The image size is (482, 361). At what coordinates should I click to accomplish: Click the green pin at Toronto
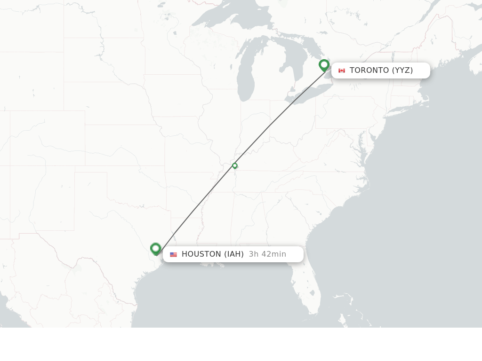324,65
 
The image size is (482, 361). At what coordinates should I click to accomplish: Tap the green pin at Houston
156,248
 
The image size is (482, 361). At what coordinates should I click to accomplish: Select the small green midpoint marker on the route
235,165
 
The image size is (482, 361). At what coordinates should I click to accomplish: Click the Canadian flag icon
342,71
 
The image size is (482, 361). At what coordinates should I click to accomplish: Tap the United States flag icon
174,254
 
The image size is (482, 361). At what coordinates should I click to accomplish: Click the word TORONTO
369,71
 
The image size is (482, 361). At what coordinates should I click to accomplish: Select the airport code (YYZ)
402,71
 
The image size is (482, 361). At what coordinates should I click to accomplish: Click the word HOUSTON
201,254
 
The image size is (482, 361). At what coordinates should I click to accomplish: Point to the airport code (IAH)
234,254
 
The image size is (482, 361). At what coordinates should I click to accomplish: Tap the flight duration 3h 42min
267,254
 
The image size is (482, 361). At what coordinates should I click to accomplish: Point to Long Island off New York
395,112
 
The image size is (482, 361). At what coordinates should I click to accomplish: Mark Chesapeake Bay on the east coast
361,141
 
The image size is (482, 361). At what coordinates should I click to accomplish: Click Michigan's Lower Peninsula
271,80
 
